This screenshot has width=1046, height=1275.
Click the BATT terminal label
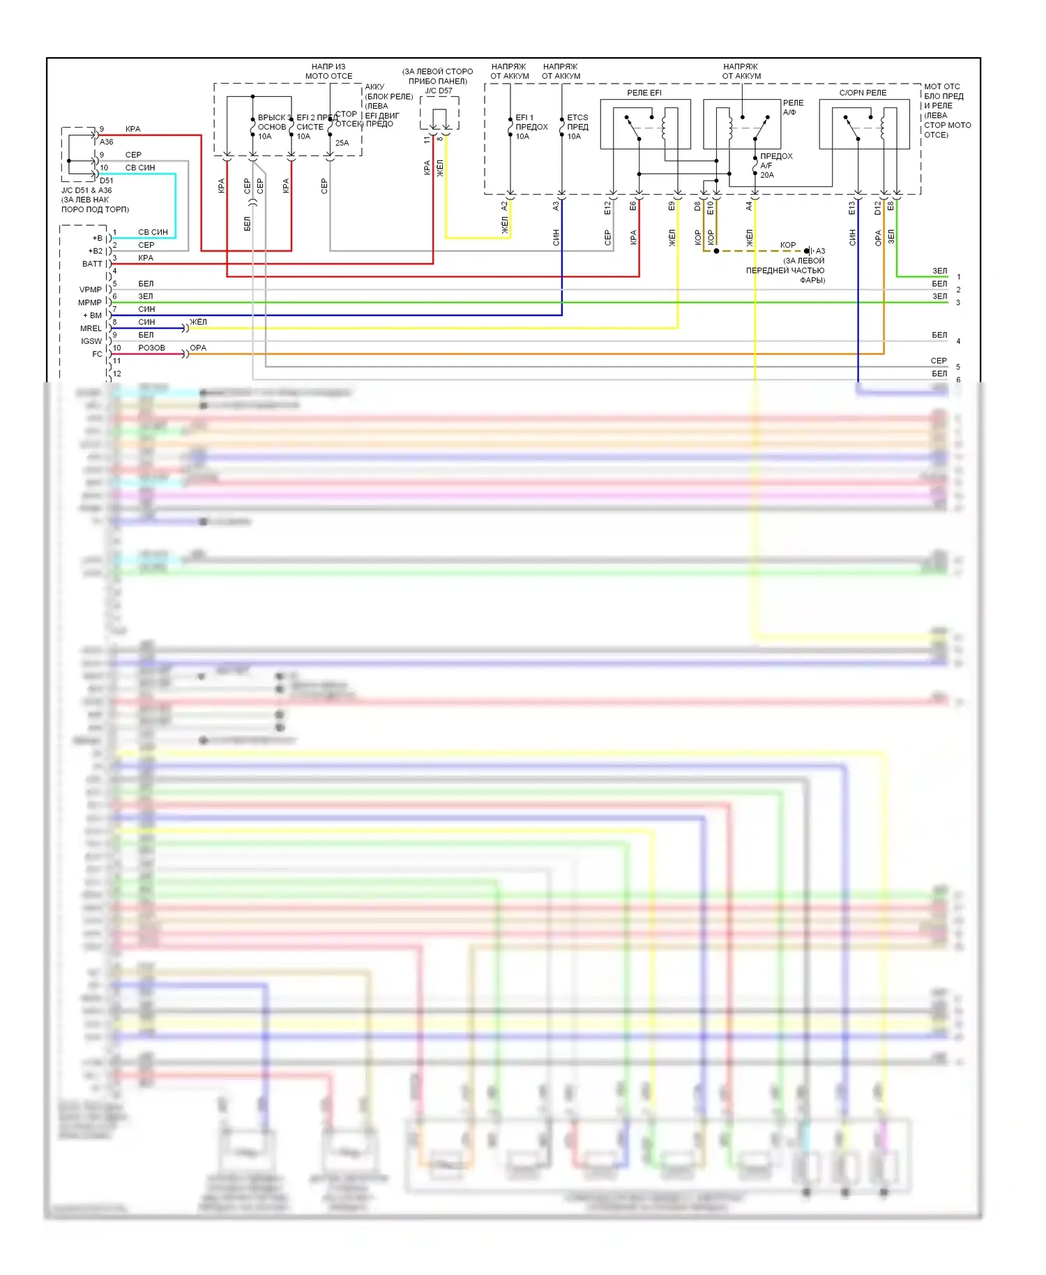point(91,264)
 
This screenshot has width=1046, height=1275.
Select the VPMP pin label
point(90,289)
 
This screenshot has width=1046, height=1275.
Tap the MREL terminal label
point(91,329)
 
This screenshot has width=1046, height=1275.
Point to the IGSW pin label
point(91,341)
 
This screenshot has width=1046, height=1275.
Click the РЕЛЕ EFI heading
point(644,93)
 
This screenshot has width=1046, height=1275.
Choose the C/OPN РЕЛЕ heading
point(863,93)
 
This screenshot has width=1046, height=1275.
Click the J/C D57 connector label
point(439,91)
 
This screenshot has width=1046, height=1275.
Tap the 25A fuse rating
point(342,143)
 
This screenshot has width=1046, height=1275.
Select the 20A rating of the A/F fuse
point(767,175)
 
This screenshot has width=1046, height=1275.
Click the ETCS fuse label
point(577,117)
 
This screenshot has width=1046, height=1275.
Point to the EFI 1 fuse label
point(524,117)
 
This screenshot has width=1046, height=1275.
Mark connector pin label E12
point(607,207)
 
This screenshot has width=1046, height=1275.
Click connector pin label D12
point(878,207)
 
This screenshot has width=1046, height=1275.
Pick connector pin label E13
point(851,207)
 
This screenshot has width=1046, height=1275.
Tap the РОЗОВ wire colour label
point(151,347)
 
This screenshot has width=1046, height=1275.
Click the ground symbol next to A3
point(809,251)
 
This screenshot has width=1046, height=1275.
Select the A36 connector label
point(106,142)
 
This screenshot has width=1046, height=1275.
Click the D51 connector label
point(106,181)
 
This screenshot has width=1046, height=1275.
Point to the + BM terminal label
point(92,315)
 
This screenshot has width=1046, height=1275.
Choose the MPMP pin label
point(90,303)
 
